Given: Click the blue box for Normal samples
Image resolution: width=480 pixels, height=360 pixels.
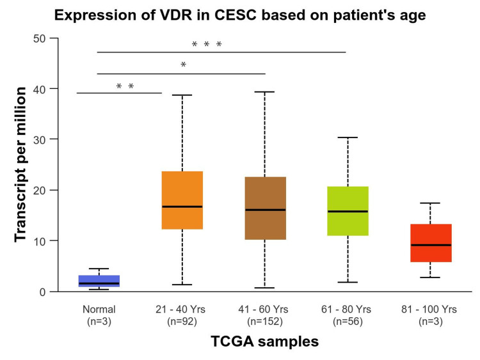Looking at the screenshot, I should (99, 279).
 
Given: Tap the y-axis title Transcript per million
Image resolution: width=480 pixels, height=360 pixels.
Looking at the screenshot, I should (20, 165).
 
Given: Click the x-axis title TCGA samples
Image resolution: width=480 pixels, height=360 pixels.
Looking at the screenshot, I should (265, 342).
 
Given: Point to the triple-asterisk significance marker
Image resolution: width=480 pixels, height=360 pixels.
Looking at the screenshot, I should (207, 45).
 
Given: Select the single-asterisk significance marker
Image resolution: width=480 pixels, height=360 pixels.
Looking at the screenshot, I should (184, 65).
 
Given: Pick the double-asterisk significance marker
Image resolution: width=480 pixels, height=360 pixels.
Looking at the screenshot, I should (125, 86).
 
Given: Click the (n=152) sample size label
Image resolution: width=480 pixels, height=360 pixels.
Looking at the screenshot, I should (265, 322).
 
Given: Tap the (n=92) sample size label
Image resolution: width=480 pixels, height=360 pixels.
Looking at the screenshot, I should (182, 322).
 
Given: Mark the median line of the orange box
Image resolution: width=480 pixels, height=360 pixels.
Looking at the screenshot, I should (182, 207).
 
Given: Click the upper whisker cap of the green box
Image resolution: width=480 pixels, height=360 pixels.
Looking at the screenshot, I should (348, 137).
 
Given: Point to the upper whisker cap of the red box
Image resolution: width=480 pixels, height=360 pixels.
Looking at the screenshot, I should (430, 203).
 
